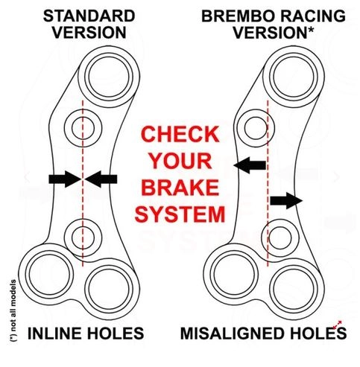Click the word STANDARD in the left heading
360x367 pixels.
pyautogui.click(x=89, y=16)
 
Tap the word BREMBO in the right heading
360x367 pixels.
pyautogui.click(x=238, y=16)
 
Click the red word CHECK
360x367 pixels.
pyautogui.click(x=180, y=134)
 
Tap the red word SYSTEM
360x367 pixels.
pyautogui.click(x=180, y=214)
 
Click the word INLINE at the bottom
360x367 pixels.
pyautogui.click(x=54, y=334)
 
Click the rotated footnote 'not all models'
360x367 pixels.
pyautogui.click(x=13, y=310)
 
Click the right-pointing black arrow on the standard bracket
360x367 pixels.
pyautogui.click(x=65, y=179)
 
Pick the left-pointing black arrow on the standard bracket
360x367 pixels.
pyautogui.click(x=101, y=179)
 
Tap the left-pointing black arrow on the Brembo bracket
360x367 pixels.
pyautogui.click(x=250, y=165)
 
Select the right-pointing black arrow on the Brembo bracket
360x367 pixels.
pyautogui.click(x=286, y=200)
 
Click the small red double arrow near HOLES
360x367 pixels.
pyautogui.click(x=338, y=325)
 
